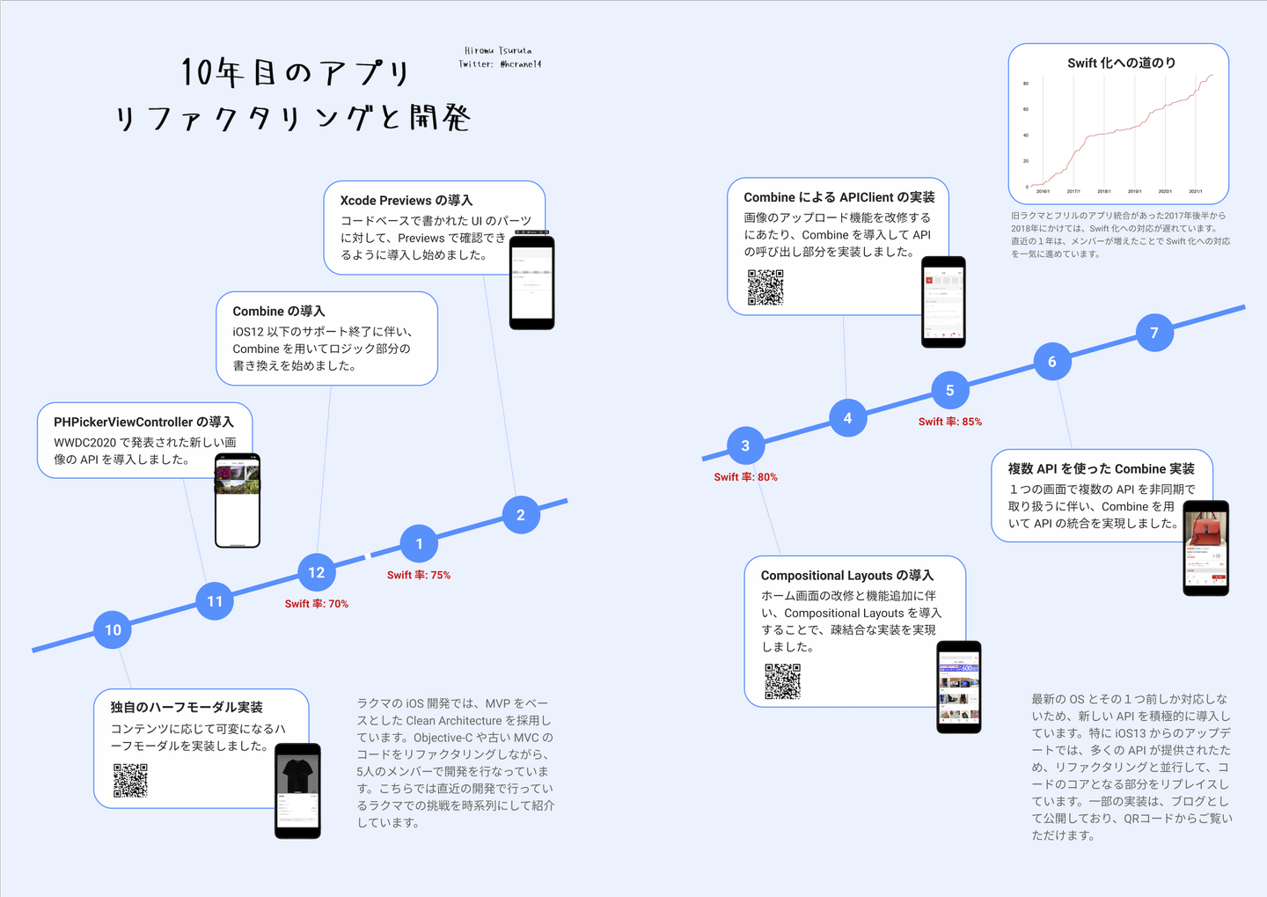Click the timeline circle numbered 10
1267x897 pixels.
[113, 629]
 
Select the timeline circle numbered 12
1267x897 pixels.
[317, 572]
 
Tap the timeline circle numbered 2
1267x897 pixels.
[521, 515]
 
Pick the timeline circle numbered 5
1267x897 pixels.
[949, 390]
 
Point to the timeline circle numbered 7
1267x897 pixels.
[1154, 333]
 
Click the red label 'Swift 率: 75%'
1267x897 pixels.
[419, 575]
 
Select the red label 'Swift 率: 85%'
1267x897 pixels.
[950, 422]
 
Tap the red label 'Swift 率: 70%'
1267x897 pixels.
[317, 604]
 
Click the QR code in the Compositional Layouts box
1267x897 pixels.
[782, 681]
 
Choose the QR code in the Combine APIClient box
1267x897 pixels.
[765, 287]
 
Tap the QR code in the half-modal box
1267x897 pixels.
[130, 781]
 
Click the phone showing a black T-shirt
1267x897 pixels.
[297, 790]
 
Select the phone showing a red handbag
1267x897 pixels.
[1205, 548]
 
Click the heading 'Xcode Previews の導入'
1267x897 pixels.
[406, 201]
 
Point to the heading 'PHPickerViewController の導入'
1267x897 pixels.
[143, 423]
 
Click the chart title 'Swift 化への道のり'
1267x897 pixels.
[1121, 63]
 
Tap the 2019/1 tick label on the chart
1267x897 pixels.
[1134, 191]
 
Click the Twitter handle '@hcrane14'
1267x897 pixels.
[521, 64]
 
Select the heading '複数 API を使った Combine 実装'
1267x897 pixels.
[1101, 469]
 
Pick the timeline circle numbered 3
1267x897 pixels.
[745, 445]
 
